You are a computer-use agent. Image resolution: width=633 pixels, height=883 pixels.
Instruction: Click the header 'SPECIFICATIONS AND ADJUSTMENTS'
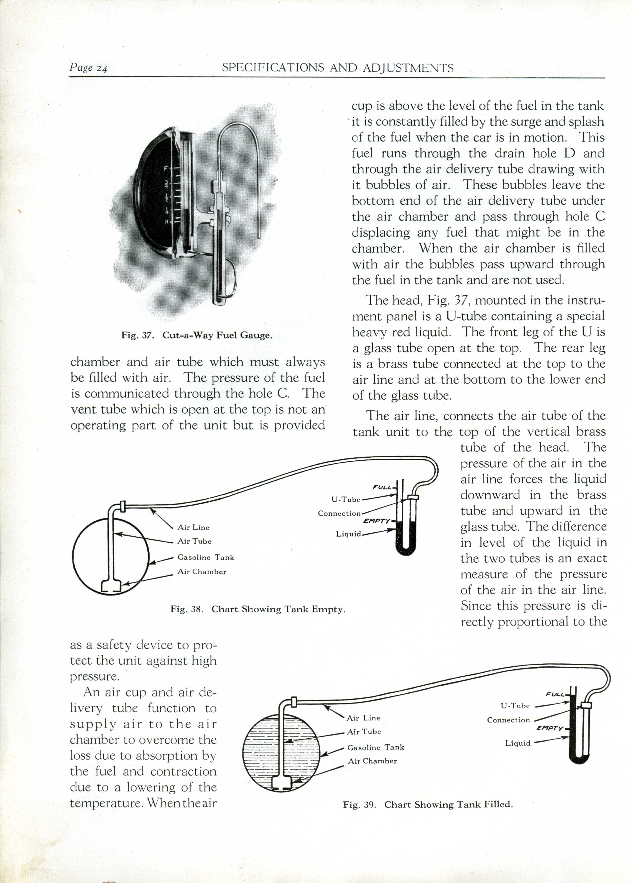click(x=337, y=68)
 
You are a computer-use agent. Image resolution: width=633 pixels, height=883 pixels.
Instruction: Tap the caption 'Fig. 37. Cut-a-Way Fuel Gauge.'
click(x=197, y=335)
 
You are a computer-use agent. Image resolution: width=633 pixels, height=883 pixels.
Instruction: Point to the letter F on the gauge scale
click(x=166, y=169)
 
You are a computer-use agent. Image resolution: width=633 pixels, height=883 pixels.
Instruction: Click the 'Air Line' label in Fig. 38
click(x=194, y=527)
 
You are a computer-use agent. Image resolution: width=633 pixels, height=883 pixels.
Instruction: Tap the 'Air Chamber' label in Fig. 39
click(x=372, y=761)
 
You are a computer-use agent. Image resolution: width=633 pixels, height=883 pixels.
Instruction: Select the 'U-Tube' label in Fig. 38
click(x=346, y=499)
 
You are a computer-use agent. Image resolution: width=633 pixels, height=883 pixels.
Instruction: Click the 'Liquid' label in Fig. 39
click(x=518, y=743)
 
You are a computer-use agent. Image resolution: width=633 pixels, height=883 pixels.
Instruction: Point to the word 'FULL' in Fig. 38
click(x=382, y=487)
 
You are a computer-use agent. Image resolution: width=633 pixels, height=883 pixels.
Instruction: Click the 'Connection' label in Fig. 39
click(x=508, y=720)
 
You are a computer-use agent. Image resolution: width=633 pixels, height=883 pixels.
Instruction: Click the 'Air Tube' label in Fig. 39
click(x=364, y=732)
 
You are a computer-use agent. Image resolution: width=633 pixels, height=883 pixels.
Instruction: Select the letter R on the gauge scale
click(x=166, y=222)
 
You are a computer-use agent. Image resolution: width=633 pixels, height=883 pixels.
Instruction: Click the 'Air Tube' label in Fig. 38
click(x=194, y=541)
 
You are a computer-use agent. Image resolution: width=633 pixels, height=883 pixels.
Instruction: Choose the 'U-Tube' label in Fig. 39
click(x=515, y=705)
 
